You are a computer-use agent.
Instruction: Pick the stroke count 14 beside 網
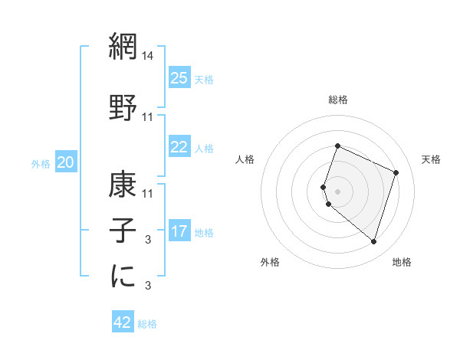pyautogui.click(x=148, y=56)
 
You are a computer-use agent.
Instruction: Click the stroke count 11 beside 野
pyautogui.click(x=148, y=117)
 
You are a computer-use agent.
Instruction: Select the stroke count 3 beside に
pyautogui.click(x=148, y=286)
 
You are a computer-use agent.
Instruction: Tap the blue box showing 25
pyautogui.click(x=179, y=78)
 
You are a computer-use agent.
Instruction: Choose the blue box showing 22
pyautogui.click(x=179, y=147)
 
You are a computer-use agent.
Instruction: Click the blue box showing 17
pyautogui.click(x=179, y=231)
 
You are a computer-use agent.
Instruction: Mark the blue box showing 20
pyautogui.click(x=66, y=162)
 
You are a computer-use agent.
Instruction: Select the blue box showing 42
pyautogui.click(x=122, y=322)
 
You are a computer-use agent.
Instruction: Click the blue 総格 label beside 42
pyautogui.click(x=147, y=324)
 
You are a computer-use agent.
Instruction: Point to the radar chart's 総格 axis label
pyautogui.click(x=337, y=100)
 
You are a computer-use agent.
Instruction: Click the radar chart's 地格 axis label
pyautogui.click(x=402, y=262)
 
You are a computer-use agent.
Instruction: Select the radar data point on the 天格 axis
pyautogui.click(x=396, y=172)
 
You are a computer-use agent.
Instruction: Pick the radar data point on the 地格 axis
pyautogui.click(x=373, y=242)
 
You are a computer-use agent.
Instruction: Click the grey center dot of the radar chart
pyautogui.click(x=337, y=191)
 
